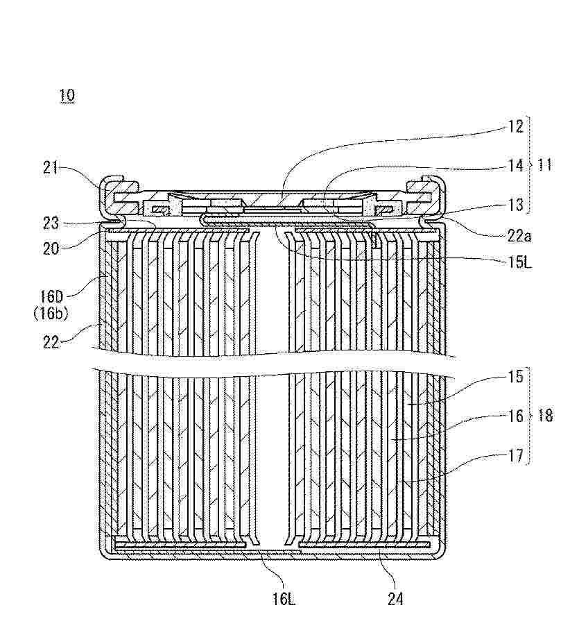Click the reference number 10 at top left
67,96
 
